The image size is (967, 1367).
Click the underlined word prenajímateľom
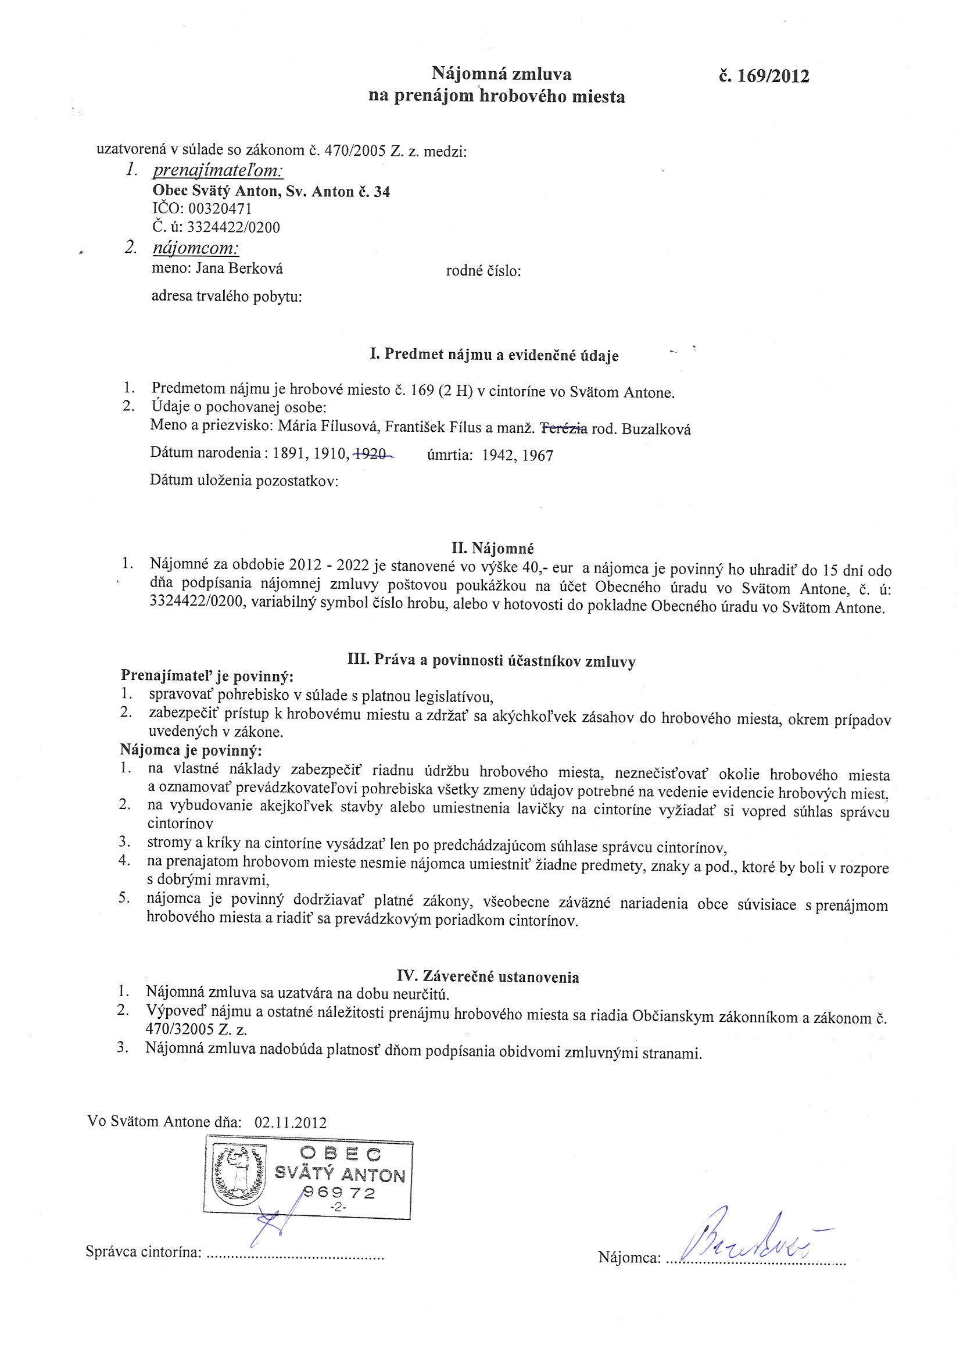218,171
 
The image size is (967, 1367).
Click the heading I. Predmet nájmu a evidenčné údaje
493,356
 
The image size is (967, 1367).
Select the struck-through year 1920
373,455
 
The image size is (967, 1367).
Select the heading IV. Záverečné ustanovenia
488,976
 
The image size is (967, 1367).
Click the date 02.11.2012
291,1123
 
